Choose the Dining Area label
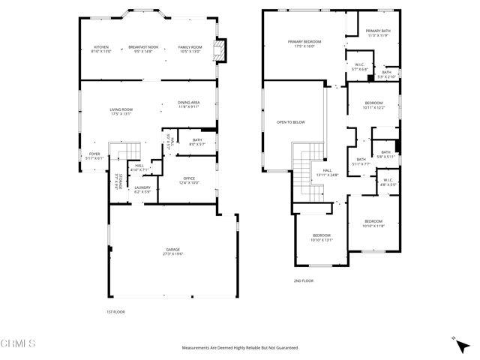(x=188, y=104)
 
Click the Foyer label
(x=94, y=155)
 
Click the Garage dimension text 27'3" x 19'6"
(x=172, y=253)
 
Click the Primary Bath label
(x=379, y=31)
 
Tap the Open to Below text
(x=290, y=121)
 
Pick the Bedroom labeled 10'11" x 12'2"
(x=373, y=104)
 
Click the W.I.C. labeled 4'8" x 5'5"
(x=388, y=181)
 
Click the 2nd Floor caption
(x=304, y=280)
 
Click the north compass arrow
(x=454, y=340)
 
